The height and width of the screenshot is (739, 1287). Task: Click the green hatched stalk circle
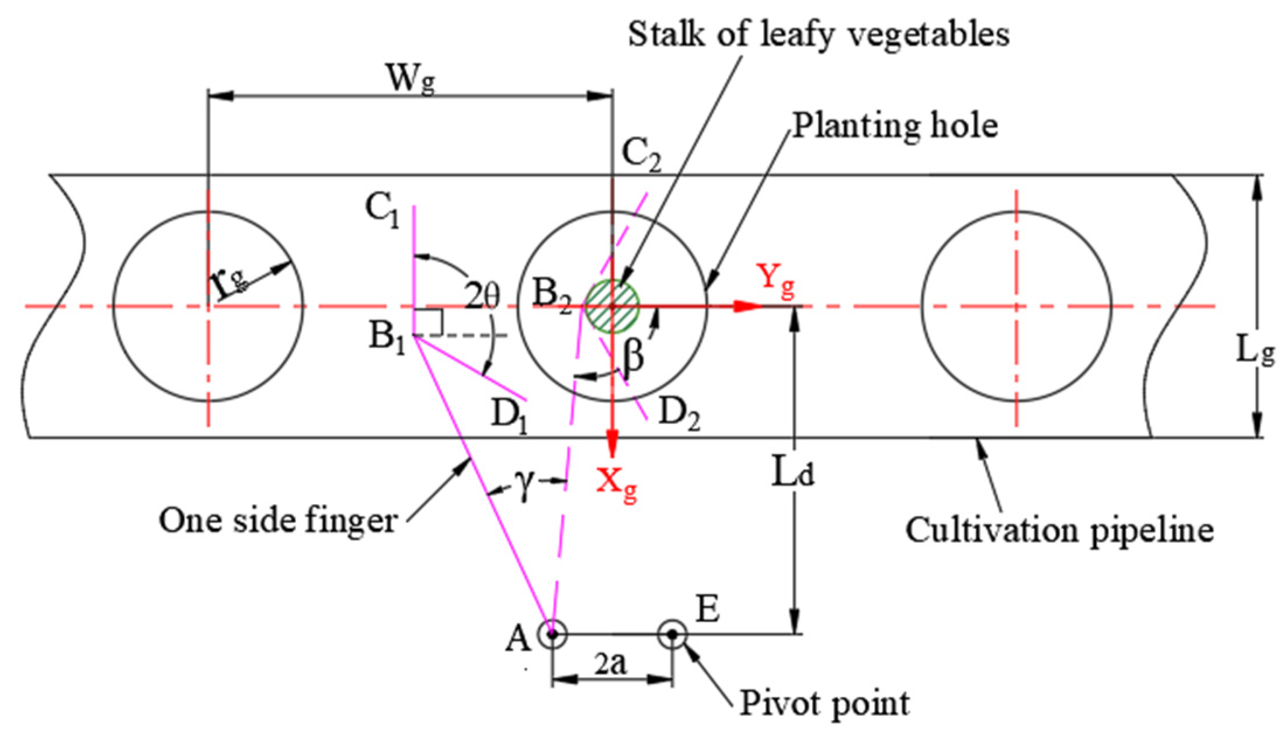tap(613, 306)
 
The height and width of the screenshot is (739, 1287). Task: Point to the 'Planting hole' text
tap(895, 126)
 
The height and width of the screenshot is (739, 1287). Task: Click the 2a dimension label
tap(610, 664)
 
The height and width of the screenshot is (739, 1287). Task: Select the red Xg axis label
tap(616, 484)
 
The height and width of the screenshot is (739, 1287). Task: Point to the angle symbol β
tap(634, 356)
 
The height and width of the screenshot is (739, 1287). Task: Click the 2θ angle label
tap(482, 295)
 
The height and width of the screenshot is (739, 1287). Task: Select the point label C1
tap(382, 210)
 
